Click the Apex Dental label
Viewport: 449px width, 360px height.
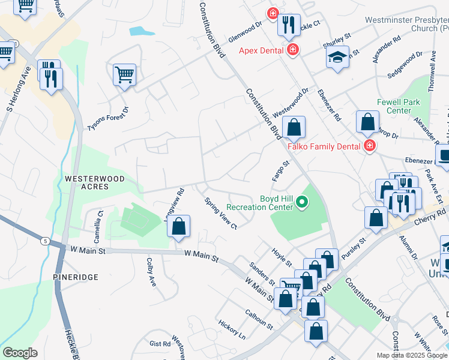pos(261,50)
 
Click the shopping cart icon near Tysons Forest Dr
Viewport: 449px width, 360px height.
pos(124,75)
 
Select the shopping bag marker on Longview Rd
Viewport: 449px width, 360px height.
pos(178,226)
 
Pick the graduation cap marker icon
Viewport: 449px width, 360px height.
pos(338,57)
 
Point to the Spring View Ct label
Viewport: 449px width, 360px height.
pos(221,214)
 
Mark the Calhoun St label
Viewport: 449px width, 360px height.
pos(259,319)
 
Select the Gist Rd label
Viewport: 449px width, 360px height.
pos(160,344)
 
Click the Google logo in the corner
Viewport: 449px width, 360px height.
pos(20,353)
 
